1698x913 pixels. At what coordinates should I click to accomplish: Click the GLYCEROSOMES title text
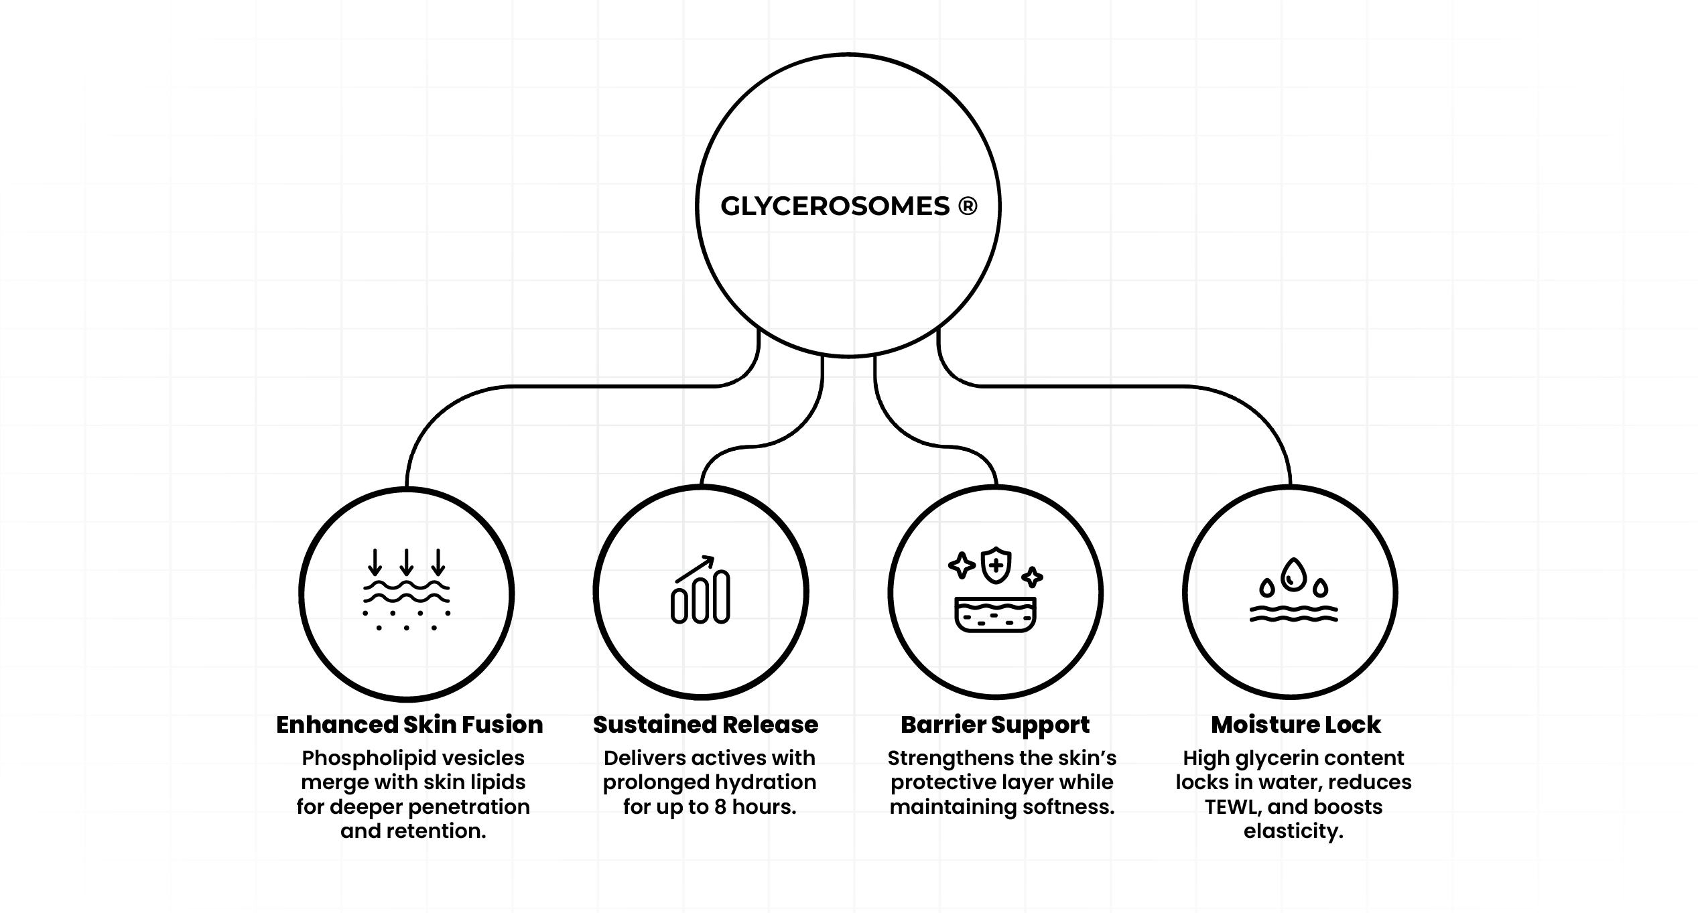point(835,206)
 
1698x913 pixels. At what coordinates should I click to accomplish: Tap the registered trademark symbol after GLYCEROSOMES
point(967,206)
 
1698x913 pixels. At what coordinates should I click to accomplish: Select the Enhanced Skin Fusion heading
point(409,725)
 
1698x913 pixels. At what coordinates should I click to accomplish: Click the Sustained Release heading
point(705,725)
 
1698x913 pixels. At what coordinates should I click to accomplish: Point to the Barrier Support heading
point(994,725)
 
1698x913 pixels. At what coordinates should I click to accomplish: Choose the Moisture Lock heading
point(1295,725)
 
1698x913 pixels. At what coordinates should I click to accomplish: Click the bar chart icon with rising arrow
point(700,590)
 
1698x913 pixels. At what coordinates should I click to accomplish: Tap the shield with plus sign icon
point(996,565)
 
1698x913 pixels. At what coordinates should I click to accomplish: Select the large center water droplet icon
point(1293,575)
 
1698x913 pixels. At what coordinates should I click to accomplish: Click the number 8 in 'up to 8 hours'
point(720,807)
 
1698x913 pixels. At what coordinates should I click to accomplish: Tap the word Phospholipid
point(346,758)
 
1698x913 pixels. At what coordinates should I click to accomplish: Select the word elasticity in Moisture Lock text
point(1293,831)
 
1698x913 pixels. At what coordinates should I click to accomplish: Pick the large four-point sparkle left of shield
point(962,565)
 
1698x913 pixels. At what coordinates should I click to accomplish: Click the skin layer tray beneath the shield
point(995,614)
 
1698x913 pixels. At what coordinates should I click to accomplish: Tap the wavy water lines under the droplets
point(1293,614)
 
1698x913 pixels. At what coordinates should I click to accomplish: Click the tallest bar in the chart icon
point(722,597)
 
